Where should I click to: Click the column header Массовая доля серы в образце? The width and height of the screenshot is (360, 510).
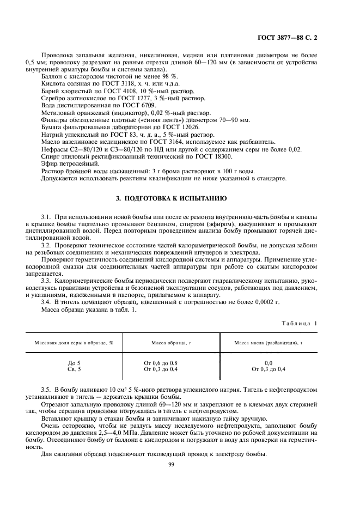pos(74,342)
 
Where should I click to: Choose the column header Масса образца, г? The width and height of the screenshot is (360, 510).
pos(172,342)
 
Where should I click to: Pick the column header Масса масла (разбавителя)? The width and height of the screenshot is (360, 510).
pos(269,342)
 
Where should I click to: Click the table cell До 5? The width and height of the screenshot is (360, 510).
pos(74,362)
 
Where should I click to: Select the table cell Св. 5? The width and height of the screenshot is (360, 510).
pos(74,369)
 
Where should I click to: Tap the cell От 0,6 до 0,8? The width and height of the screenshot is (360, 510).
pos(161,362)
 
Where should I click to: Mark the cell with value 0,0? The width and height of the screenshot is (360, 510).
pos(269,362)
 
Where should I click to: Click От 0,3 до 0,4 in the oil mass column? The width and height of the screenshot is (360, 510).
pos(269,369)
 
